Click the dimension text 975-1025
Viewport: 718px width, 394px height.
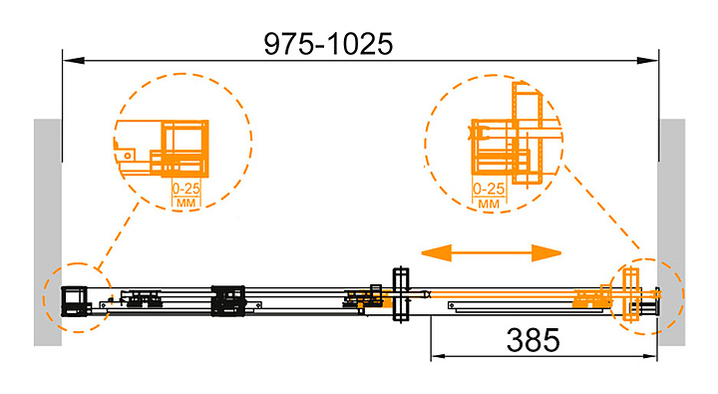click(328, 44)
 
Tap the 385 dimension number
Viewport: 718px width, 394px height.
click(533, 340)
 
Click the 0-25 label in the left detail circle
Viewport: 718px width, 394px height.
click(185, 189)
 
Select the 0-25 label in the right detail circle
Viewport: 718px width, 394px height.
click(489, 189)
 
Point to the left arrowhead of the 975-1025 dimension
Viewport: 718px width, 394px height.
click(73, 60)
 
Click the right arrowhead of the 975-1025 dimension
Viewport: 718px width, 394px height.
click(647, 60)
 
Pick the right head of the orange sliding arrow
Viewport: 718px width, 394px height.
click(546, 252)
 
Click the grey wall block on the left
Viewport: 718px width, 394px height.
click(48, 232)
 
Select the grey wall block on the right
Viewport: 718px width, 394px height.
click(672, 232)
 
